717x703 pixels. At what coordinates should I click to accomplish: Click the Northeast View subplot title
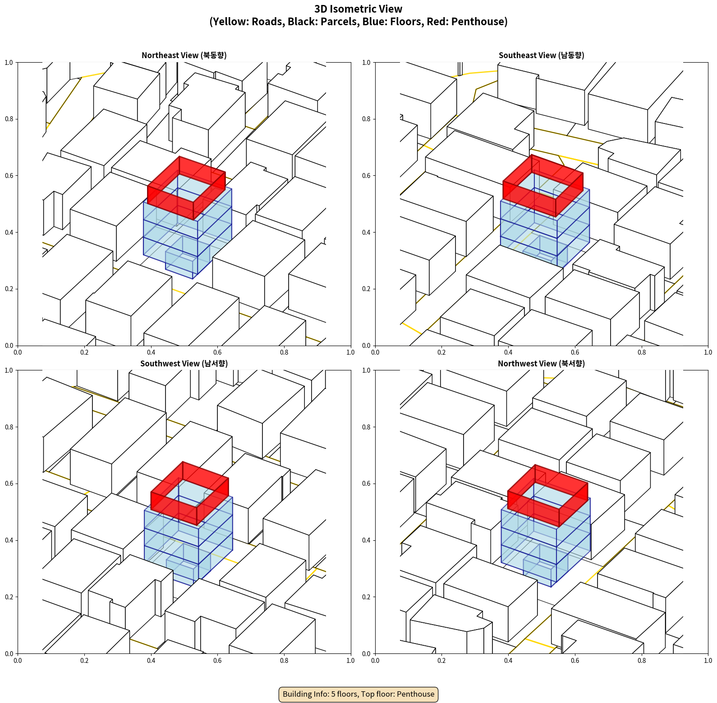click(x=184, y=55)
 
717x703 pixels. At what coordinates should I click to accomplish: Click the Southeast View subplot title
click(x=541, y=55)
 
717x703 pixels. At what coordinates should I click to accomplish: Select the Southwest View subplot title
click(x=184, y=364)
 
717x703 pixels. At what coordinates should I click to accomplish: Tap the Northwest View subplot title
click(x=541, y=364)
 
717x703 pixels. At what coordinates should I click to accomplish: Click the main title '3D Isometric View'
click(x=358, y=9)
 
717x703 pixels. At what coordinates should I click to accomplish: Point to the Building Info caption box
click(x=358, y=694)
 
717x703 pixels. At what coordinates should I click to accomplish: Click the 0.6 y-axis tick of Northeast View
click(x=9, y=176)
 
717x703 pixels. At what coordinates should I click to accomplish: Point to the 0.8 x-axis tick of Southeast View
click(x=642, y=352)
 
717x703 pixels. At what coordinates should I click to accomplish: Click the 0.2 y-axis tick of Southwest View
click(x=9, y=597)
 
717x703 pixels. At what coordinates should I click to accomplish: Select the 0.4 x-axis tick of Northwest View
click(x=508, y=661)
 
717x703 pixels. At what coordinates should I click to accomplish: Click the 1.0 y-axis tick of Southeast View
click(x=367, y=63)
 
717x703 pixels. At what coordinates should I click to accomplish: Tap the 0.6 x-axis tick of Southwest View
click(x=217, y=661)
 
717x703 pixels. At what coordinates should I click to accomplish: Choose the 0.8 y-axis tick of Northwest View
click(x=367, y=427)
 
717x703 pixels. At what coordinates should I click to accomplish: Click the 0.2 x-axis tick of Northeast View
click(x=84, y=352)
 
